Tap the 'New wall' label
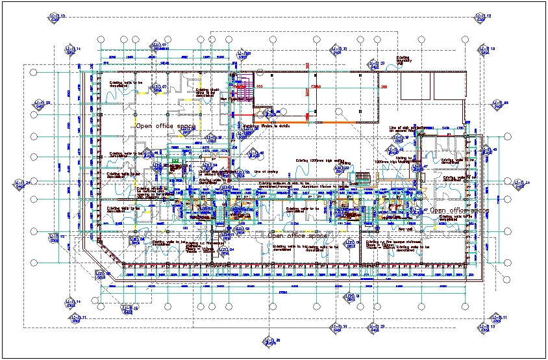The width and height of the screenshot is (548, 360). click(x=405, y=229)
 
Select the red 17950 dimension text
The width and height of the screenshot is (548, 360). click(x=316, y=86)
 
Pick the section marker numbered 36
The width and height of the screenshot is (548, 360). click(x=268, y=341)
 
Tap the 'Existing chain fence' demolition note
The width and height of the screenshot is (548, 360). click(x=204, y=93)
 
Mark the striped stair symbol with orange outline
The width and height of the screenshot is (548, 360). click(x=362, y=177)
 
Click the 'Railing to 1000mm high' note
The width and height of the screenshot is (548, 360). click(x=393, y=159)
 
